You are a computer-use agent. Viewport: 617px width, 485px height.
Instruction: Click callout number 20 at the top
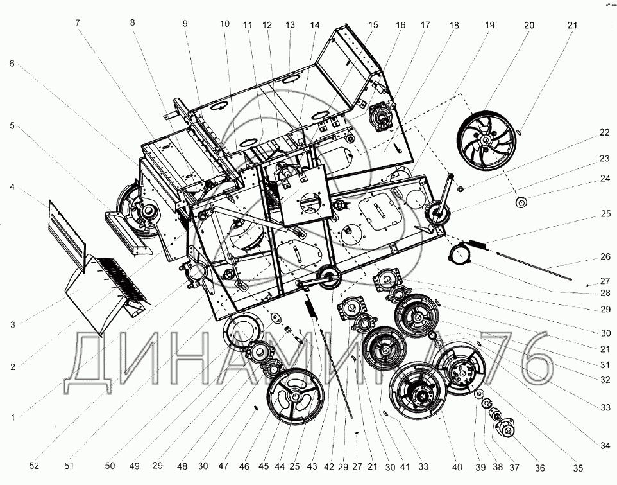click(529, 25)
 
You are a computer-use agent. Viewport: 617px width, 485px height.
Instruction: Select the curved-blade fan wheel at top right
click(486, 140)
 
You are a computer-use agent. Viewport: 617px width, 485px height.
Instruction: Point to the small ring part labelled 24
click(521, 203)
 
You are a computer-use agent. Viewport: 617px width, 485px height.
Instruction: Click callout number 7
click(78, 22)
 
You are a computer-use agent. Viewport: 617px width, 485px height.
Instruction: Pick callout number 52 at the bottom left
click(34, 465)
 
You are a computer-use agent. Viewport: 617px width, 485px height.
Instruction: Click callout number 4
click(12, 186)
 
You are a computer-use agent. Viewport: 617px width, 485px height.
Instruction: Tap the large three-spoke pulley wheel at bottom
click(296, 396)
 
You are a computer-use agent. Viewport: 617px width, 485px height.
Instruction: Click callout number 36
click(540, 468)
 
